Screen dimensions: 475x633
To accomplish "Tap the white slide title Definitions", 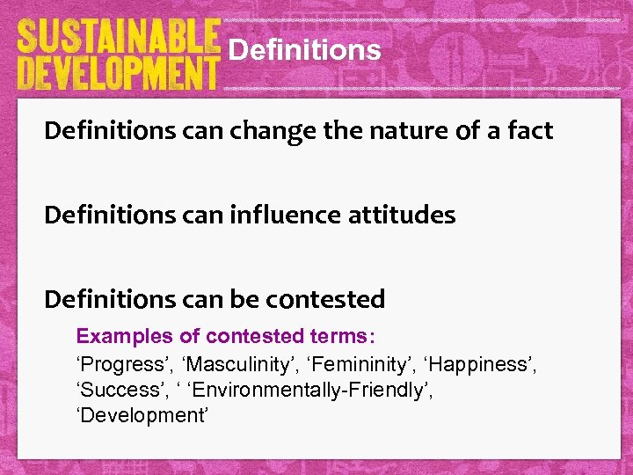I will [304, 50].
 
